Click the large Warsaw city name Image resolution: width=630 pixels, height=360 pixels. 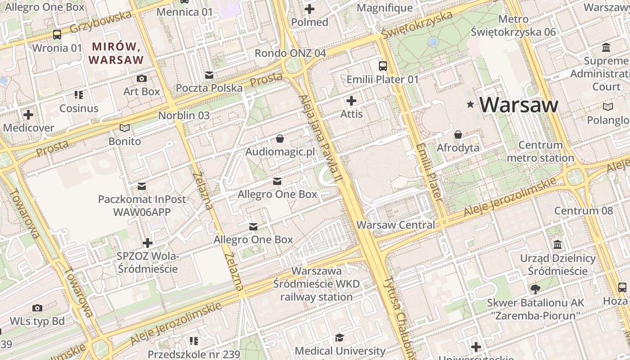518,105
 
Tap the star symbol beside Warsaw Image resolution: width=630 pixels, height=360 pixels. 471,105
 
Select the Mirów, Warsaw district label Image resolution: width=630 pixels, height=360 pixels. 116,53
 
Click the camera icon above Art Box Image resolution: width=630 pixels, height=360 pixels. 142,78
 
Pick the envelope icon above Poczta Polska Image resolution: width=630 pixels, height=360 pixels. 209,75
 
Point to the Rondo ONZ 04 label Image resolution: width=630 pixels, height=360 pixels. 290,53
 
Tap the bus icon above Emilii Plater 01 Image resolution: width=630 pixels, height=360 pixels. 383,66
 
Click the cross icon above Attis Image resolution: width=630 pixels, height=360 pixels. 351,101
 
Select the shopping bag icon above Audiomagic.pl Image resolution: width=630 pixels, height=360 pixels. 280,139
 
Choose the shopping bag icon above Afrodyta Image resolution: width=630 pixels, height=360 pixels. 458,135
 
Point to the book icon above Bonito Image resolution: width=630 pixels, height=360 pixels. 125,128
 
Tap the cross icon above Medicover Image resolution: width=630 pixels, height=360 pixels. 28,115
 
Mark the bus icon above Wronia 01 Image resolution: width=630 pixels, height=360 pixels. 57,35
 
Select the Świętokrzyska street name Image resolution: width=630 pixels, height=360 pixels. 416,25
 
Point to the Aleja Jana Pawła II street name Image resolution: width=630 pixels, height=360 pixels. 320,139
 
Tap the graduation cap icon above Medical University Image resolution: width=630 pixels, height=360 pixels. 340,337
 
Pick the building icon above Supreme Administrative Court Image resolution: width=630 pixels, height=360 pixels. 606,47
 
